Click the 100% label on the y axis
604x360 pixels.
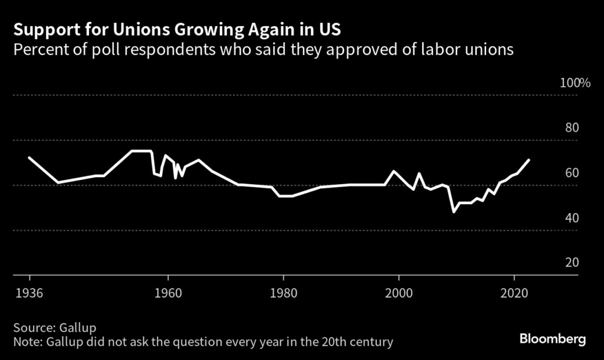575,83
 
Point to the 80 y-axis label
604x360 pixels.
572,128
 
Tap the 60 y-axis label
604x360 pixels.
572,173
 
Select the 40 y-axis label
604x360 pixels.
572,218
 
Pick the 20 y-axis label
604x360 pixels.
572,263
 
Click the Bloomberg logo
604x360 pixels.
553,339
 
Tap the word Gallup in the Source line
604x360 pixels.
76,327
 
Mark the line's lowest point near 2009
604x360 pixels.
454,212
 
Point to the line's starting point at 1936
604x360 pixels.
29,158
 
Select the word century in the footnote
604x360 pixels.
372,342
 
